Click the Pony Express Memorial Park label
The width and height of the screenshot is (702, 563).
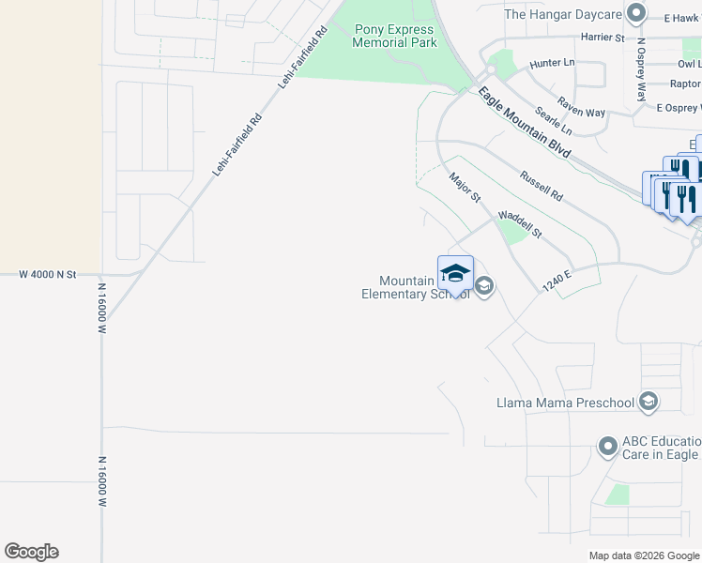tap(394, 36)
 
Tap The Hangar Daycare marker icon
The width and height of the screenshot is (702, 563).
tap(636, 13)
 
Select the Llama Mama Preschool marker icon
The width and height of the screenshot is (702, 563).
tap(647, 403)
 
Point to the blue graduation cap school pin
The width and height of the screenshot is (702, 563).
tap(455, 275)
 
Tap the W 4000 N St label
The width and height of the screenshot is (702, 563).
tap(48, 274)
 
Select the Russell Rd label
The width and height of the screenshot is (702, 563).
tap(541, 185)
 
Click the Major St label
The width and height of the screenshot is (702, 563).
tap(464, 187)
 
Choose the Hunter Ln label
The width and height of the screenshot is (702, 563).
tap(550, 63)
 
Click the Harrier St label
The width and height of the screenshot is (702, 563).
tap(603, 38)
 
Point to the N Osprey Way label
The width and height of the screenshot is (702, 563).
tap(642, 68)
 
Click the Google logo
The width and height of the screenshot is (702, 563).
tap(31, 552)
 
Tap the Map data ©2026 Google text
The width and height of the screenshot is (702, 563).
tap(643, 555)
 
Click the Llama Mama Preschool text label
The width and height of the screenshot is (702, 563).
tap(565, 403)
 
